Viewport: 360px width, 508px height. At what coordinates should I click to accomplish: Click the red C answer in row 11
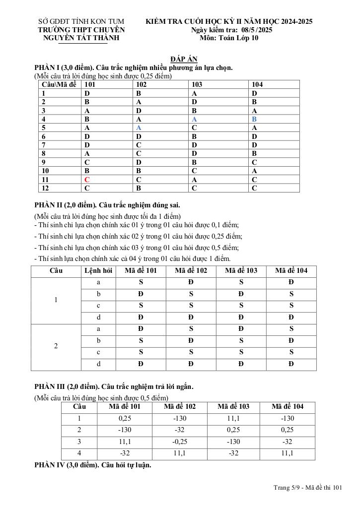coord(87,179)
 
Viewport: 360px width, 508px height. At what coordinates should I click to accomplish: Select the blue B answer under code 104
coord(254,120)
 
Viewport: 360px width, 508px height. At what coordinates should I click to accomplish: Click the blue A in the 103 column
coord(194,120)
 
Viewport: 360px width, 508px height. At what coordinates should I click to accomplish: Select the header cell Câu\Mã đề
coord(59,84)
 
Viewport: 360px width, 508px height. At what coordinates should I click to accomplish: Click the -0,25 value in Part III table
coord(180,442)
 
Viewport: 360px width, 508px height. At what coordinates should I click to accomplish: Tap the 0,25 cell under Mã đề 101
coord(125,418)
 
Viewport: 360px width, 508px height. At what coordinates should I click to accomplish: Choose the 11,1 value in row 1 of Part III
coord(233,418)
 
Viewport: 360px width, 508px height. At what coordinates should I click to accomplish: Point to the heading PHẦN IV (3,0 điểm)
coord(92,465)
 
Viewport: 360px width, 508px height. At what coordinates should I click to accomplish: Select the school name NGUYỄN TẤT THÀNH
coord(82,38)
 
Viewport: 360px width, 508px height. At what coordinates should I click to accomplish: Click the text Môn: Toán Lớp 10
coord(229,38)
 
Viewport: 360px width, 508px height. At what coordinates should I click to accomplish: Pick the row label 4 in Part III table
coord(79,453)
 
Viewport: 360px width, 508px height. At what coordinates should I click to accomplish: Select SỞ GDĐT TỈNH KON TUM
coord(81,21)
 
